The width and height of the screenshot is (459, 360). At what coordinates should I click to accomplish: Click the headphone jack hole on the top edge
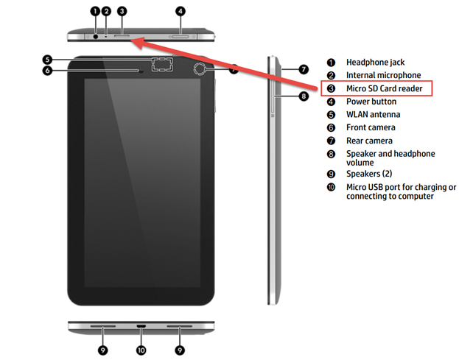click(x=96, y=37)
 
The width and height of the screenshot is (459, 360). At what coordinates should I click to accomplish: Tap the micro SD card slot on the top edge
click(x=122, y=36)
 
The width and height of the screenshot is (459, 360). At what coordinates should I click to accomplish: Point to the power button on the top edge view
click(x=181, y=37)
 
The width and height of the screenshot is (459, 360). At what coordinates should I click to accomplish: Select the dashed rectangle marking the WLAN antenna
click(x=162, y=64)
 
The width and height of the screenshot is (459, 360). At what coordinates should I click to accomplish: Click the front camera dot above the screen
click(x=141, y=71)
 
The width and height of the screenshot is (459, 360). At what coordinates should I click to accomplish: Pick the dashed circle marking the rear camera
click(x=200, y=69)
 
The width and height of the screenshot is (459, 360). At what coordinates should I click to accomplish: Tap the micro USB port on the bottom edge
click(x=141, y=326)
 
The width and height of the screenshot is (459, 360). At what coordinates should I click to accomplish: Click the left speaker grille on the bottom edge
click(x=102, y=326)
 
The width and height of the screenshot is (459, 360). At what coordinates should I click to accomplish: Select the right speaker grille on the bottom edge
click(x=180, y=326)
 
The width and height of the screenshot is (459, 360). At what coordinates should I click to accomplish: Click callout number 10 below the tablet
click(x=141, y=350)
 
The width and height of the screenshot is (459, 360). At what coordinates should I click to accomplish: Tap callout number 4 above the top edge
click(x=181, y=11)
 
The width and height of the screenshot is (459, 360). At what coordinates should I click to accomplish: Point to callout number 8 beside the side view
click(x=304, y=96)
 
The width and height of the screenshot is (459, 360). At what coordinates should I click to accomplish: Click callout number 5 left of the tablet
click(x=47, y=60)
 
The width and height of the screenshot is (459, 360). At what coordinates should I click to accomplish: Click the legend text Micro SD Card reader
click(x=385, y=88)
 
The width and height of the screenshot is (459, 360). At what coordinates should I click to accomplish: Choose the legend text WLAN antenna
click(x=374, y=114)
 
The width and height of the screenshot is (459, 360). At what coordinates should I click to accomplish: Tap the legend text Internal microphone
click(x=383, y=75)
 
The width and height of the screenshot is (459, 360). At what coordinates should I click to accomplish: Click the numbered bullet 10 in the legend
click(x=331, y=187)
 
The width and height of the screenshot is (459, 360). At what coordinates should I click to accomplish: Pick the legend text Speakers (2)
click(x=369, y=174)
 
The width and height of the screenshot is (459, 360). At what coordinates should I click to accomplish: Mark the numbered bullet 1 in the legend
click(x=331, y=63)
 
